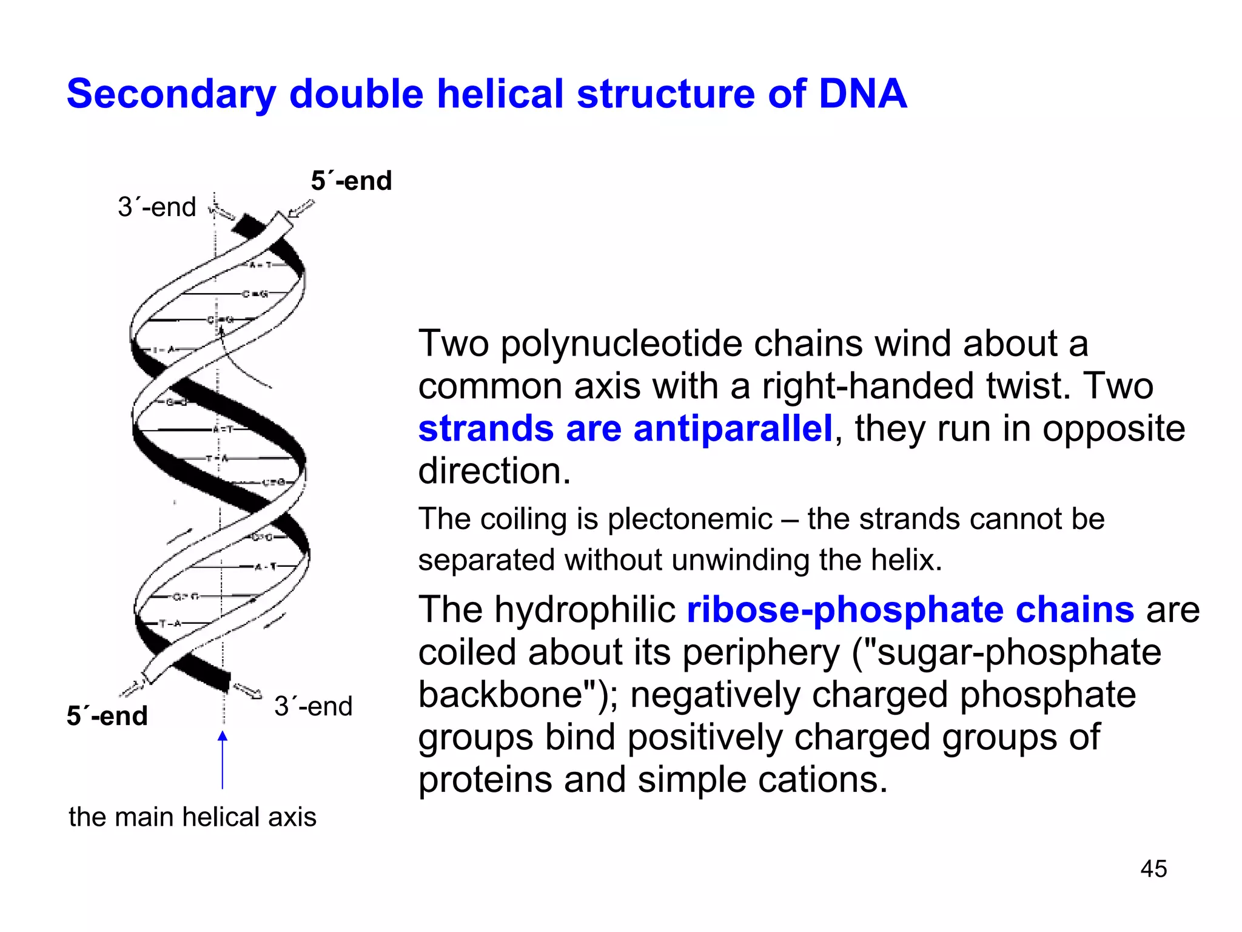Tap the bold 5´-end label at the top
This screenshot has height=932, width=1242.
[x=351, y=181]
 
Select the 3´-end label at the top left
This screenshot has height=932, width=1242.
[x=156, y=208]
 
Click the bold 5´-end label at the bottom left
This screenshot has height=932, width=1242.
[x=107, y=716]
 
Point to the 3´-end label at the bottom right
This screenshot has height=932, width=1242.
[x=313, y=706]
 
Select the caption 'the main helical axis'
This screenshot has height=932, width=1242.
[x=192, y=817]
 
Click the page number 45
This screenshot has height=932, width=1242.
[x=1153, y=869]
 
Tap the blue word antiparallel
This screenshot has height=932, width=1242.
[x=732, y=428]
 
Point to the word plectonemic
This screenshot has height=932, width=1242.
[x=690, y=519]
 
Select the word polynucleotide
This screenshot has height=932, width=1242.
[x=621, y=343]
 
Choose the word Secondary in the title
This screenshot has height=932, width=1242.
[x=171, y=94]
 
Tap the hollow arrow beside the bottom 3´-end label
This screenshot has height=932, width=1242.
[x=247, y=691]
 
